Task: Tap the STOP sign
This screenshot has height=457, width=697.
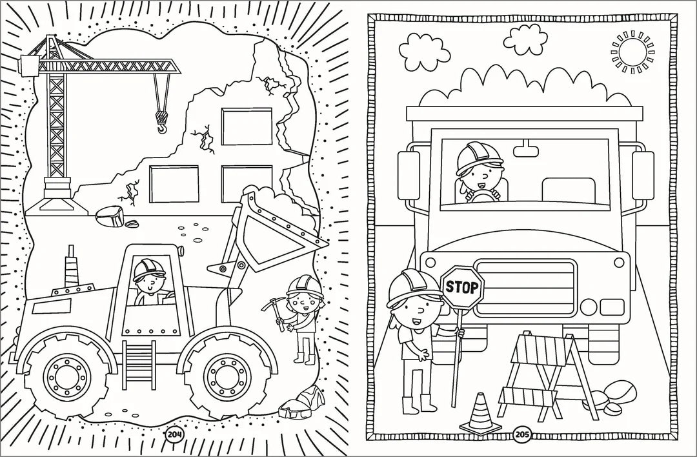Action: point(462,287)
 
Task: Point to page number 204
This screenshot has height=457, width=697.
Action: point(174,434)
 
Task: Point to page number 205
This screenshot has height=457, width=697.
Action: point(521,434)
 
